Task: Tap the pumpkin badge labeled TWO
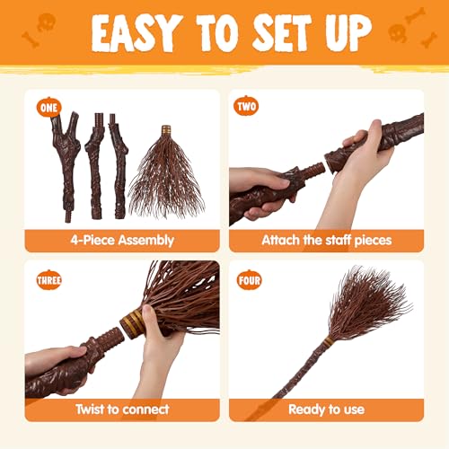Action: coord(245,108)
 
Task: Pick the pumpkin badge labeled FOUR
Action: coord(249,281)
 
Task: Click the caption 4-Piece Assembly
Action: coord(122,240)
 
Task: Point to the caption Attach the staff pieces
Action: coord(326,240)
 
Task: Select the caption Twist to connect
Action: coord(122,409)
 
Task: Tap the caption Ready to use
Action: coord(326,409)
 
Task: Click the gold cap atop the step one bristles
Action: coord(166,131)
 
